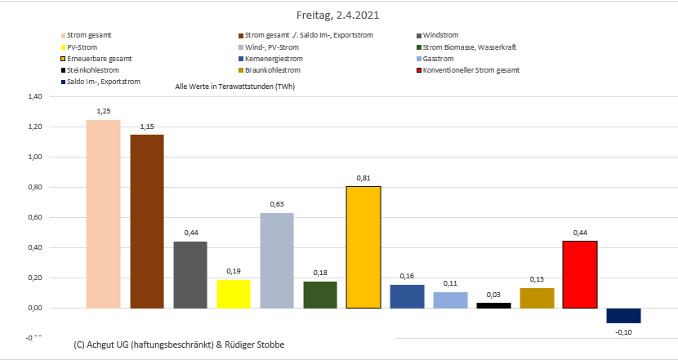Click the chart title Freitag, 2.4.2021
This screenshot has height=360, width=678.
(x=338, y=15)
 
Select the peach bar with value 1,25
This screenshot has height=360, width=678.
(x=103, y=214)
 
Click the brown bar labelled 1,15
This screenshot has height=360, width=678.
(x=147, y=221)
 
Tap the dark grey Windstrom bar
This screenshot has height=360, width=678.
(x=190, y=274)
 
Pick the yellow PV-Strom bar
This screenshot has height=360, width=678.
(x=234, y=294)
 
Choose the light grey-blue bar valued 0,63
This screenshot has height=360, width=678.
(x=277, y=260)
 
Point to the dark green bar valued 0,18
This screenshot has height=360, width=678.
(x=320, y=294)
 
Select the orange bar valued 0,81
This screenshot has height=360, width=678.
(x=364, y=247)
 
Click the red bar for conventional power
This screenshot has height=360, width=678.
(x=580, y=274)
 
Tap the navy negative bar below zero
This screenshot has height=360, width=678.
(x=623, y=315)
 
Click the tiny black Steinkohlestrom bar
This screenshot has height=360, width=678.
(x=493, y=305)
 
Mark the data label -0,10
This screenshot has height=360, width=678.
(x=623, y=332)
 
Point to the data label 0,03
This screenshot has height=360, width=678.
(x=493, y=294)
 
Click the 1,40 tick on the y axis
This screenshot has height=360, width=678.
(x=33, y=96)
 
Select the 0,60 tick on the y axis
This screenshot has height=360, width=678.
(x=33, y=217)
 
